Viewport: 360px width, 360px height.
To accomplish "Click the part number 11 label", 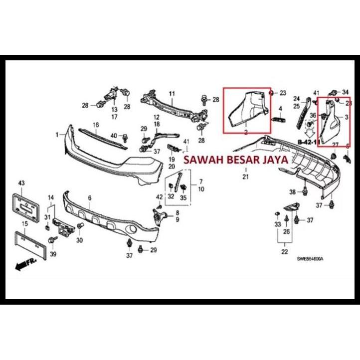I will click(171, 94).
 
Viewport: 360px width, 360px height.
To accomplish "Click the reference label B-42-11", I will click(308, 142).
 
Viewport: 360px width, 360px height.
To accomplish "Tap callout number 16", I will click(96, 124).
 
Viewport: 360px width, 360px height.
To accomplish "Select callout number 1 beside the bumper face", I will click(57, 134).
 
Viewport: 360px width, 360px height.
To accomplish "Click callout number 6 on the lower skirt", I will click(90, 198).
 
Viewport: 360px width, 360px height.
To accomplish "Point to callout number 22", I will click(284, 252).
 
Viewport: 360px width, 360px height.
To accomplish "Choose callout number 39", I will click(53, 254).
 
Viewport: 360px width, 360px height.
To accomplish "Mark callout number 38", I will click(293, 192).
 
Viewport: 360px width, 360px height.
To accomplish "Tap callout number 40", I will click(114, 136).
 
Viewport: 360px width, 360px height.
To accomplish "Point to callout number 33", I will click(278, 225).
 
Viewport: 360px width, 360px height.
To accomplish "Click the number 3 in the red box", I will click(346, 117).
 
